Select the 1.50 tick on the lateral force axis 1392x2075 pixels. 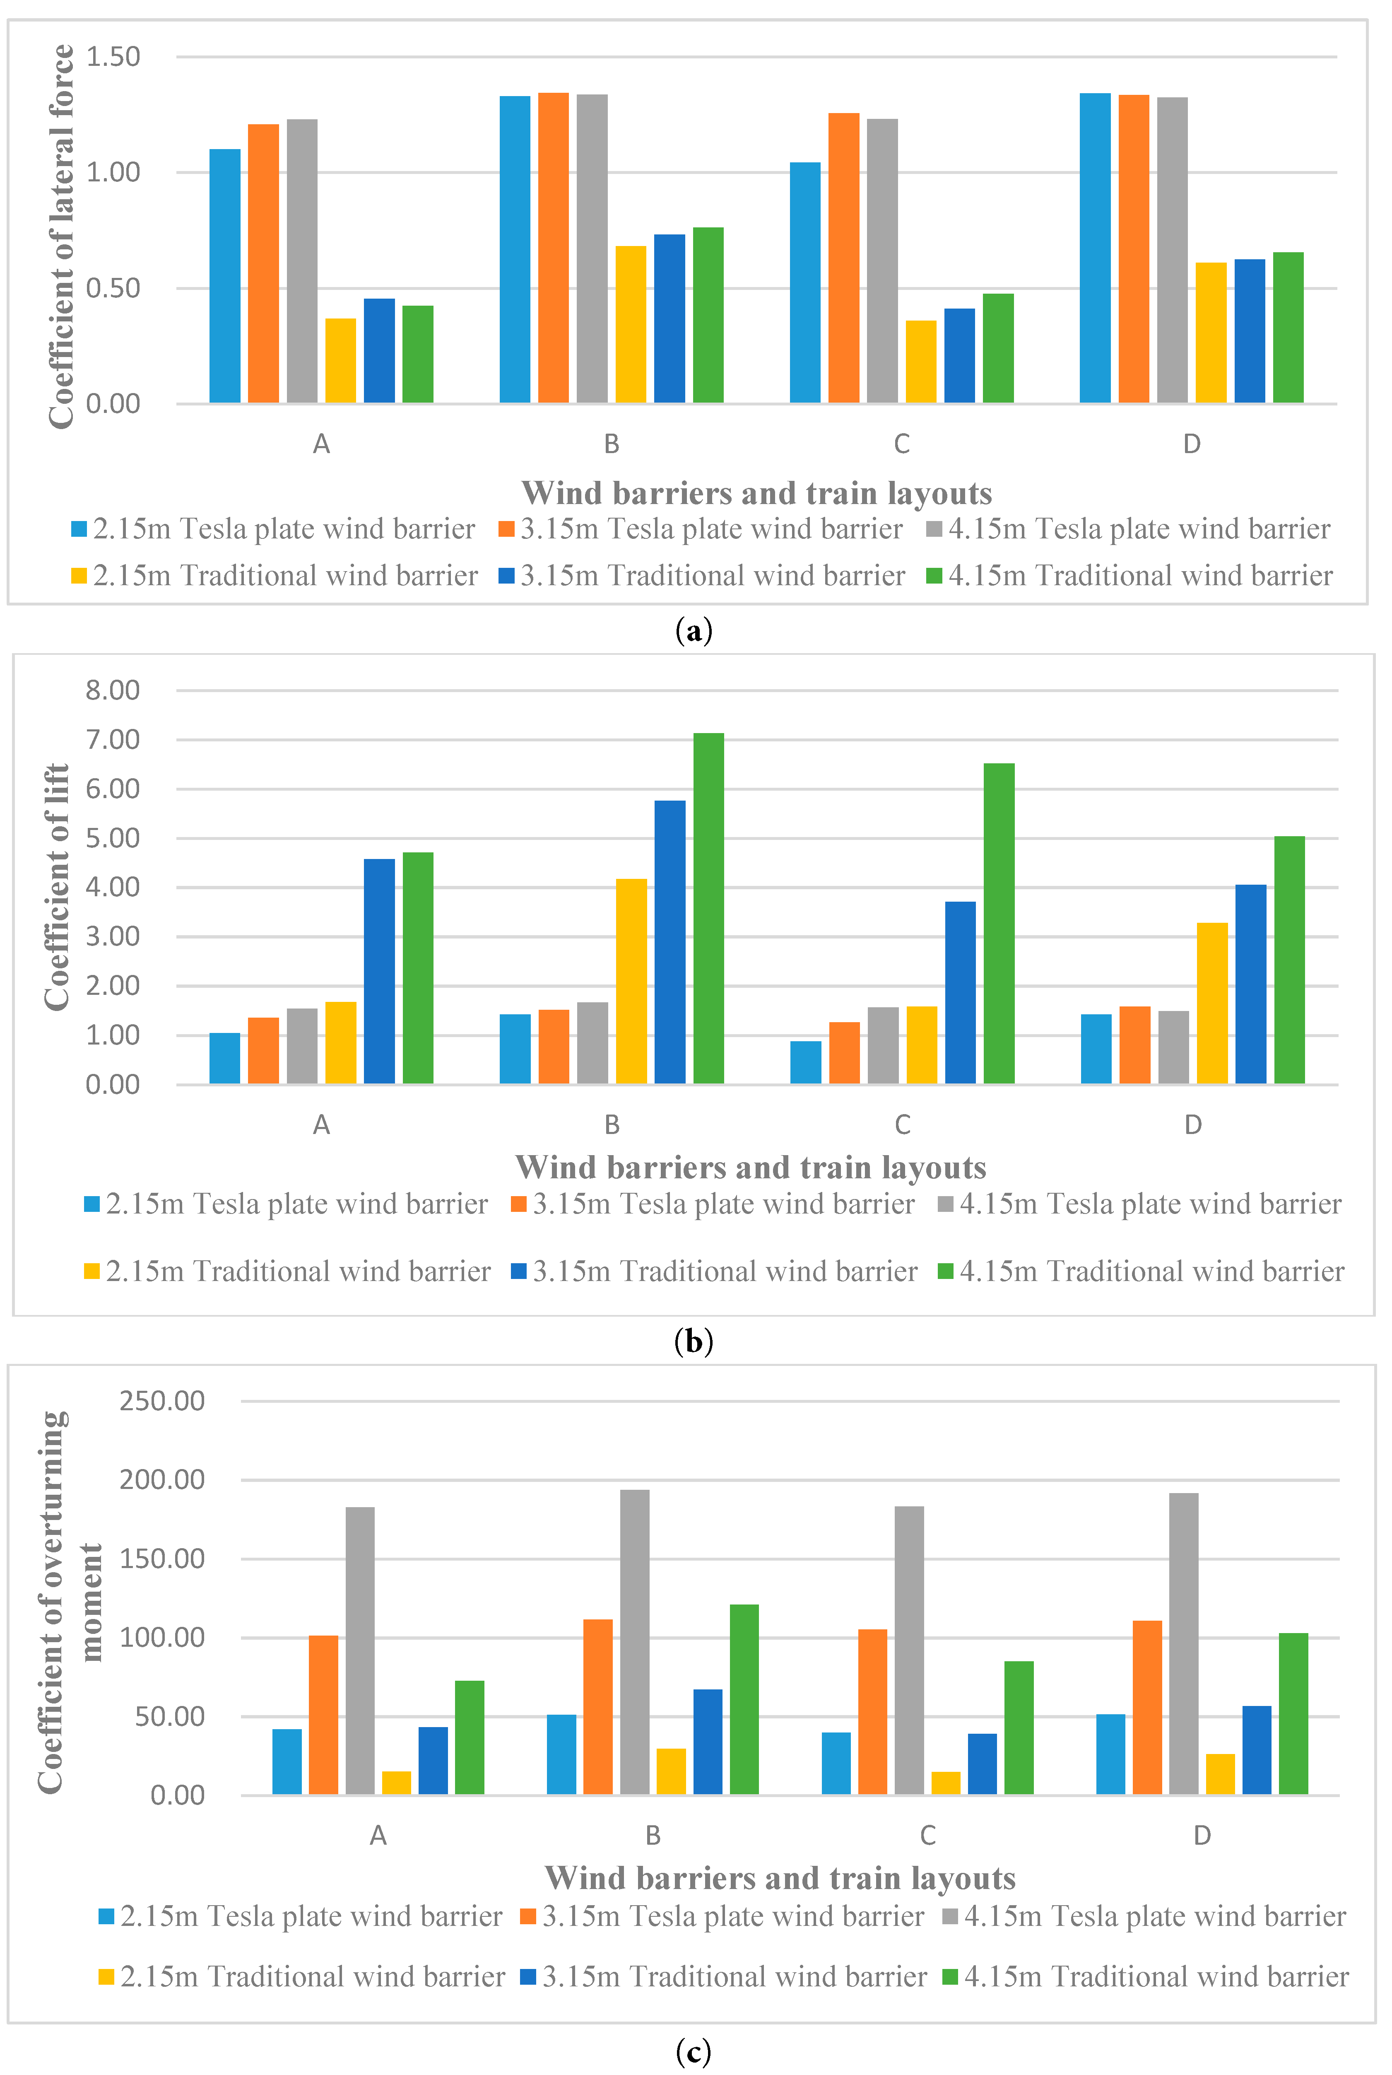coord(113,57)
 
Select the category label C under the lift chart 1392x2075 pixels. coord(902,1125)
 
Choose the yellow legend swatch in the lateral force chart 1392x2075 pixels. coord(79,575)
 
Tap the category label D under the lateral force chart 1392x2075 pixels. coord(1191,444)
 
